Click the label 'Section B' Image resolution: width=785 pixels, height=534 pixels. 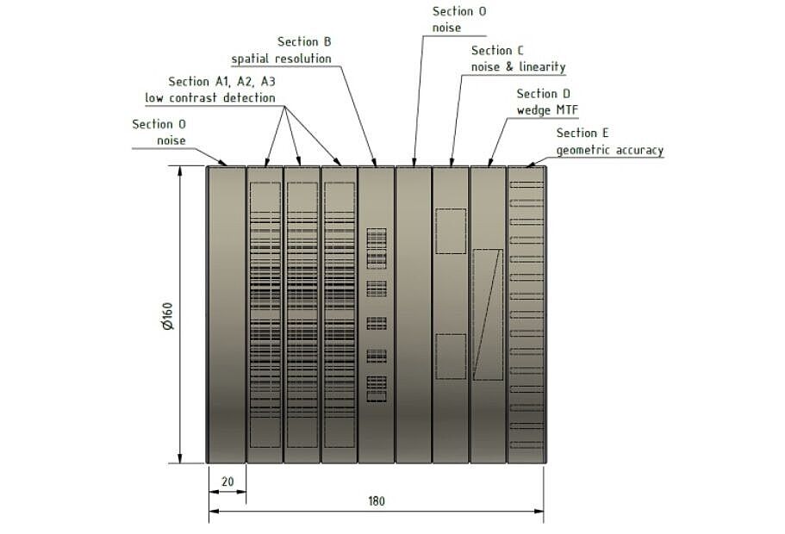point(304,41)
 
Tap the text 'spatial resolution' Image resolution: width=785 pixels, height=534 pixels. point(281,59)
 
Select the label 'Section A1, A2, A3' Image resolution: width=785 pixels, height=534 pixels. point(221,81)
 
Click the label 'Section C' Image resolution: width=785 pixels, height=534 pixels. point(497,51)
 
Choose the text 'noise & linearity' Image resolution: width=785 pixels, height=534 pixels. point(518,67)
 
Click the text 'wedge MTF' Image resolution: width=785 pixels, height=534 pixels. point(546,109)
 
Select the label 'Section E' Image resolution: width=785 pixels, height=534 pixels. point(583,133)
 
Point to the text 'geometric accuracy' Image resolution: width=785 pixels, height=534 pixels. point(609,150)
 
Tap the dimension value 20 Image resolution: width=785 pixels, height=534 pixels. point(227,482)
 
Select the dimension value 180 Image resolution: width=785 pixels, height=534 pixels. point(376,500)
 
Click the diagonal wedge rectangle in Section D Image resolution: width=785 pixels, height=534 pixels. point(488,314)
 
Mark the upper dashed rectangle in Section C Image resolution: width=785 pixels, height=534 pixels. point(451,230)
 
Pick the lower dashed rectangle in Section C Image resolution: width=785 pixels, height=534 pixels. point(451,356)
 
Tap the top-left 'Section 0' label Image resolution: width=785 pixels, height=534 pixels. point(159,124)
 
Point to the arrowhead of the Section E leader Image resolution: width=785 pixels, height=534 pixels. point(528,163)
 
